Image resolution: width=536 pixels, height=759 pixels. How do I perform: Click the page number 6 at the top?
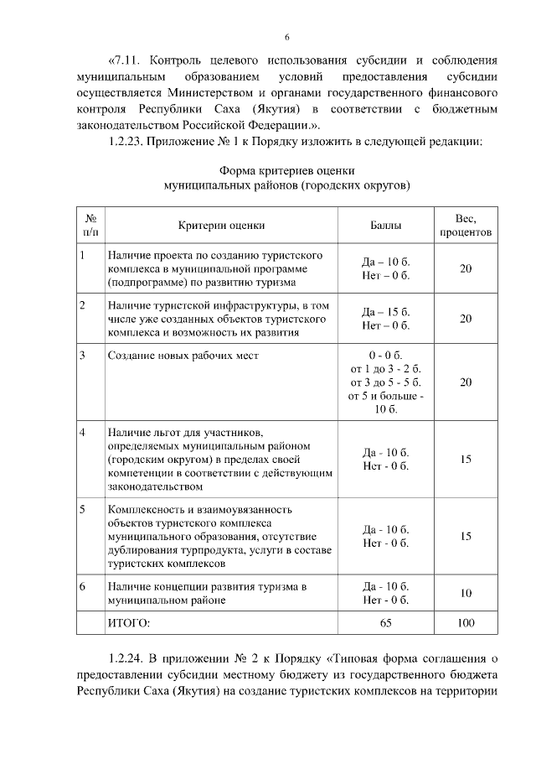coord(286,37)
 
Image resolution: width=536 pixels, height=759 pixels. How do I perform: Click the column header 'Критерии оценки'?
coord(221,225)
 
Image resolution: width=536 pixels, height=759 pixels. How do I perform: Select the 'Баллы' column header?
coord(385,225)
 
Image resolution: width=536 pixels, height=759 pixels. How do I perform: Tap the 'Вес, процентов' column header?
coord(466,225)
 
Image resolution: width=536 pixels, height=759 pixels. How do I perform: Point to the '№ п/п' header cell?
coord(90,225)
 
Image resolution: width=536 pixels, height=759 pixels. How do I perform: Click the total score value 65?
coord(385,623)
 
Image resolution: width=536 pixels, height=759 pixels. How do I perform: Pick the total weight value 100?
coord(466,623)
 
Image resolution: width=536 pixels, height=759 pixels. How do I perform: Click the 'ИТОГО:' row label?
coord(129,623)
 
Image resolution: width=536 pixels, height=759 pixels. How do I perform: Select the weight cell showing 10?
coord(466,593)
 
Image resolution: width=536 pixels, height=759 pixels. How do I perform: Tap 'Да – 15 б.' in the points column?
coord(385,312)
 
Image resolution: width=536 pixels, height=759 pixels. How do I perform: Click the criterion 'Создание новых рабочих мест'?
coord(183,356)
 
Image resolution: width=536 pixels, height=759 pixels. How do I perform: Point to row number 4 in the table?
coord(83,432)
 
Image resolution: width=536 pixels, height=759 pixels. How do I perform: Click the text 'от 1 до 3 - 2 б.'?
coord(385,369)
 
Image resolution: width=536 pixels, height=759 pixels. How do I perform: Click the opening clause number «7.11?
coord(127,61)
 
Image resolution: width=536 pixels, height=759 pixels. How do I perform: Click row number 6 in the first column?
coord(83,585)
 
